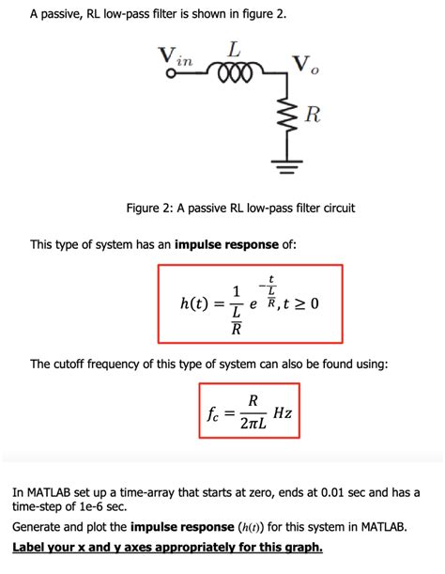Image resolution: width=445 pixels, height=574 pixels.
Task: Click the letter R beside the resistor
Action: coord(313,117)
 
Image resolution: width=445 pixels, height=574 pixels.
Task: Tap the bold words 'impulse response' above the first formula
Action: coord(225,245)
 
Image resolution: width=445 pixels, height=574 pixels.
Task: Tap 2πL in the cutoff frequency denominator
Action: coord(251,425)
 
